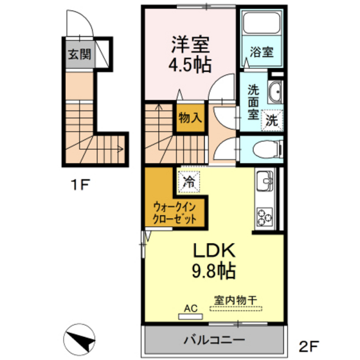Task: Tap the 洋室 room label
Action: [191, 45]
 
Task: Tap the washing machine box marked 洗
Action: [273, 119]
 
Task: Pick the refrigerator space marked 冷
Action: [189, 182]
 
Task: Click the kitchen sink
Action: [264, 183]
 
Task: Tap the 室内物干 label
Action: [235, 300]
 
